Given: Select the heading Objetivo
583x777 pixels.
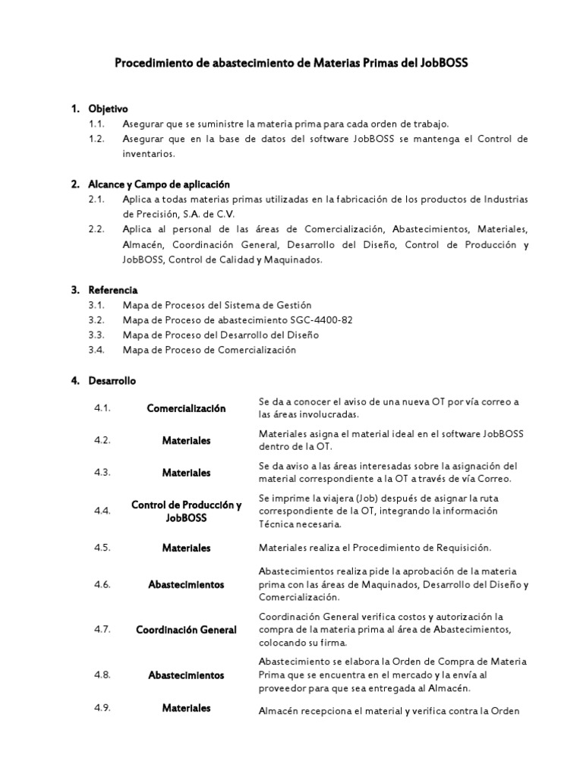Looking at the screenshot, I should pos(108,109).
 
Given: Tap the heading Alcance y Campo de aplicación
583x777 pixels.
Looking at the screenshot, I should pos(159,184).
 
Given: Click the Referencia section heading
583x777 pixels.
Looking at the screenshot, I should pos(112,290).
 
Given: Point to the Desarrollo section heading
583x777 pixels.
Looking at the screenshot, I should pos(112,380).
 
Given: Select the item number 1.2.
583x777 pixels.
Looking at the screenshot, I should pos(96,139).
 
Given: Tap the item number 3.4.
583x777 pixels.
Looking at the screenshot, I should pos(96,350).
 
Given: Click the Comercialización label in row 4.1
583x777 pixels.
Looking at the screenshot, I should pos(186,408).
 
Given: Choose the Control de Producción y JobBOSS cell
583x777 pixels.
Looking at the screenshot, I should pos(186,511).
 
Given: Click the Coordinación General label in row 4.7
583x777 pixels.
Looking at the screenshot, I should pos(186,630).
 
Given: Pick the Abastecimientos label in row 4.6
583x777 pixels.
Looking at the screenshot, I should pos(186,584).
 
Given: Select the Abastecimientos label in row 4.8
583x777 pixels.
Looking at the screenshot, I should pos(186,675).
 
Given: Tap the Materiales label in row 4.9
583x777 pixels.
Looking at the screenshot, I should pos(186,708).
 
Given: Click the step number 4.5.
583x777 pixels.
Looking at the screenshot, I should pos(102,548).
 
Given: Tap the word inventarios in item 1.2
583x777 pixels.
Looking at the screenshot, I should pos(149,153).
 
